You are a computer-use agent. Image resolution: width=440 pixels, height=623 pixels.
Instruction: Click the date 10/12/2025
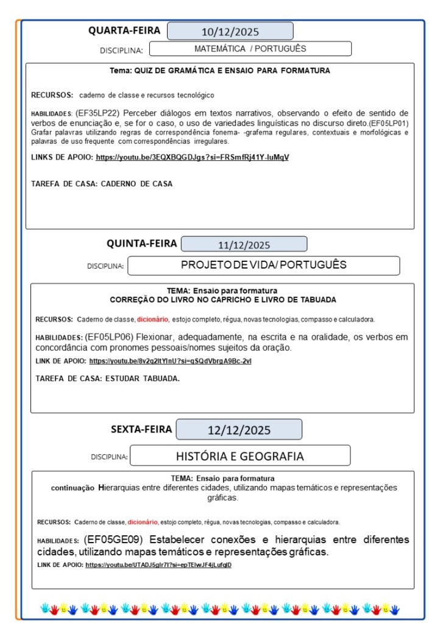coord(230,32)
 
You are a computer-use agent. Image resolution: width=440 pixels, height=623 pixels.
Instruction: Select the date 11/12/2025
coord(244,245)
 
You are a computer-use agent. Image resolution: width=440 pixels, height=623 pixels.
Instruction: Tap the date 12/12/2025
coord(238,430)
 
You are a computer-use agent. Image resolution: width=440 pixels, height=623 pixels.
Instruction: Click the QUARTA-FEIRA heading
coord(124,30)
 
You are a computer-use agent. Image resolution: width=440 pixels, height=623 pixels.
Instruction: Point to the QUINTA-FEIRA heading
coord(141,244)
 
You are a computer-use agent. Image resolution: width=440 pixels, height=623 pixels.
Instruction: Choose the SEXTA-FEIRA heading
coord(141,429)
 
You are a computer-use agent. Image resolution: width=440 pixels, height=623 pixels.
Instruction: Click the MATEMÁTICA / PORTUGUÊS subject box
coord(250,49)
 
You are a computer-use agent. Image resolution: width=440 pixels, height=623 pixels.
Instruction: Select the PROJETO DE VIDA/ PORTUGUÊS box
coord(263,266)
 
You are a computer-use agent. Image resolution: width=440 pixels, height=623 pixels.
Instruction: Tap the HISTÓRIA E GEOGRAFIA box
coord(240,456)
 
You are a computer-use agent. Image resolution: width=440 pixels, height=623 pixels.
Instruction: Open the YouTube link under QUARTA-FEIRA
coord(192,157)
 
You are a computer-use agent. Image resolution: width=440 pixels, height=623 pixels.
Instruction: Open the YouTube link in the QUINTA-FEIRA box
coord(170,361)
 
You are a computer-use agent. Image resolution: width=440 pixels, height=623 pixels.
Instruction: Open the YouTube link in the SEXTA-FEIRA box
coord(158,565)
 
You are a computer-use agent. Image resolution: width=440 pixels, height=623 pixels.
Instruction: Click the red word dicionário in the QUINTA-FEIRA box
coord(152,319)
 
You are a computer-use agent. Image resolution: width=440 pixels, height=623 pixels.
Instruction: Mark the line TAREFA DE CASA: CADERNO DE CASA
coord(102,183)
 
